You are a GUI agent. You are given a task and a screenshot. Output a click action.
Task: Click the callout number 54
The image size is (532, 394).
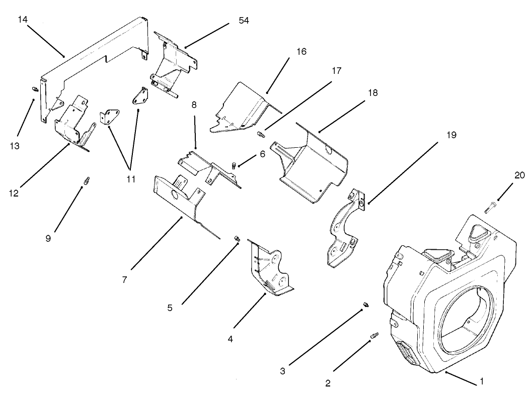(244, 21)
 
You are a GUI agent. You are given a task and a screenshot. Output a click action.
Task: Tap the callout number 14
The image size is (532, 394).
(23, 19)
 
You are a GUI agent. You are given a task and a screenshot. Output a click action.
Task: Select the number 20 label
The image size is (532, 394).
(519, 175)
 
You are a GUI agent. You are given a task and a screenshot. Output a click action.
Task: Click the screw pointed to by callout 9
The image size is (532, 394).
(86, 179)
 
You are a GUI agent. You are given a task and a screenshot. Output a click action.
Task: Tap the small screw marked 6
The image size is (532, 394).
(234, 164)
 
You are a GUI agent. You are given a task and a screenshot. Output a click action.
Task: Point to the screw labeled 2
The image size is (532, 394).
(374, 335)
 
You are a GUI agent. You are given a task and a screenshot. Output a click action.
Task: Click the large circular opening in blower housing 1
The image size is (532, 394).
(466, 315)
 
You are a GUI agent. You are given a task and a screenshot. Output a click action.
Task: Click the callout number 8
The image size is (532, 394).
(194, 106)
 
